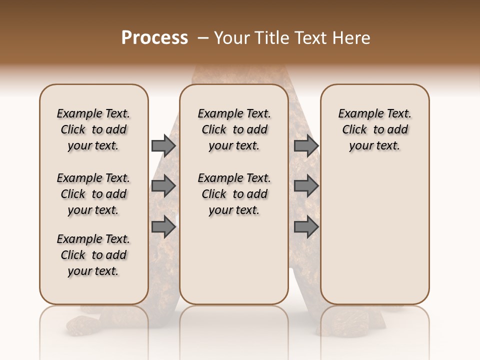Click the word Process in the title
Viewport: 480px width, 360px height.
(154, 37)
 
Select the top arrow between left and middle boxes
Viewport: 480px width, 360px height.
(163, 146)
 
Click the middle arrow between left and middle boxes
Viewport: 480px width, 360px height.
(163, 186)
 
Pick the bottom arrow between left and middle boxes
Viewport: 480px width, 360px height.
(163, 226)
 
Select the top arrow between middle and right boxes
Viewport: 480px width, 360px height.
(306, 146)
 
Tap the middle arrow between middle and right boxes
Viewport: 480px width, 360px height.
(306, 186)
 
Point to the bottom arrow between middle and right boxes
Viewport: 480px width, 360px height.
(306, 226)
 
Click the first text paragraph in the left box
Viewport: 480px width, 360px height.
(93, 129)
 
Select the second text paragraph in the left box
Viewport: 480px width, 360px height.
(93, 194)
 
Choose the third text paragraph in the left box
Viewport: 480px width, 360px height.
(93, 255)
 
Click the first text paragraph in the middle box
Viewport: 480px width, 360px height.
(234, 129)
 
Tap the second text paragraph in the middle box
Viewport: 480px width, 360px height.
(234, 194)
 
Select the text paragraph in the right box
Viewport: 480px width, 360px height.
(375, 129)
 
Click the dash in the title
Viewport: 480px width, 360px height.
(203, 38)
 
